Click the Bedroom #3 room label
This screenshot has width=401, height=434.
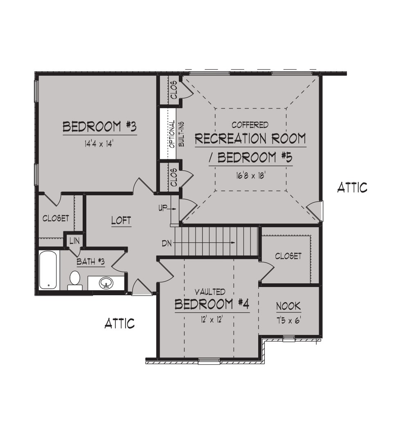pos(99,127)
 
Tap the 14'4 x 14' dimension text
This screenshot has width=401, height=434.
pos(99,144)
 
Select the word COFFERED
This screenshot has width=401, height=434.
pos(250,125)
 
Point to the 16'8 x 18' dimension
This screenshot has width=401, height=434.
pos(251,175)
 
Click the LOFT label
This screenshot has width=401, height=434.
pos(121,221)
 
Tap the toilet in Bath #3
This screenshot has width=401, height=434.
pos(75,280)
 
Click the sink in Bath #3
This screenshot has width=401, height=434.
pos(106,283)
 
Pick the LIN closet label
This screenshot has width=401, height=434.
pos(74,241)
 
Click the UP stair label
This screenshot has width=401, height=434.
pos(162,208)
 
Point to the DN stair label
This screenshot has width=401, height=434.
pos(167,244)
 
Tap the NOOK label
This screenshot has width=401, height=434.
pos(288,306)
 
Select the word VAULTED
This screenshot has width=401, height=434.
pos(210,292)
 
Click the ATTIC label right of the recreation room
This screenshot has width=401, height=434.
pos(352,188)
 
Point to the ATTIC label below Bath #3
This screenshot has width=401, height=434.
pos(120,323)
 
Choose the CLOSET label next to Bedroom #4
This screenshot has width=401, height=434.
pos(288,256)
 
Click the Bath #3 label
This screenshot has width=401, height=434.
pos(91,261)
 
